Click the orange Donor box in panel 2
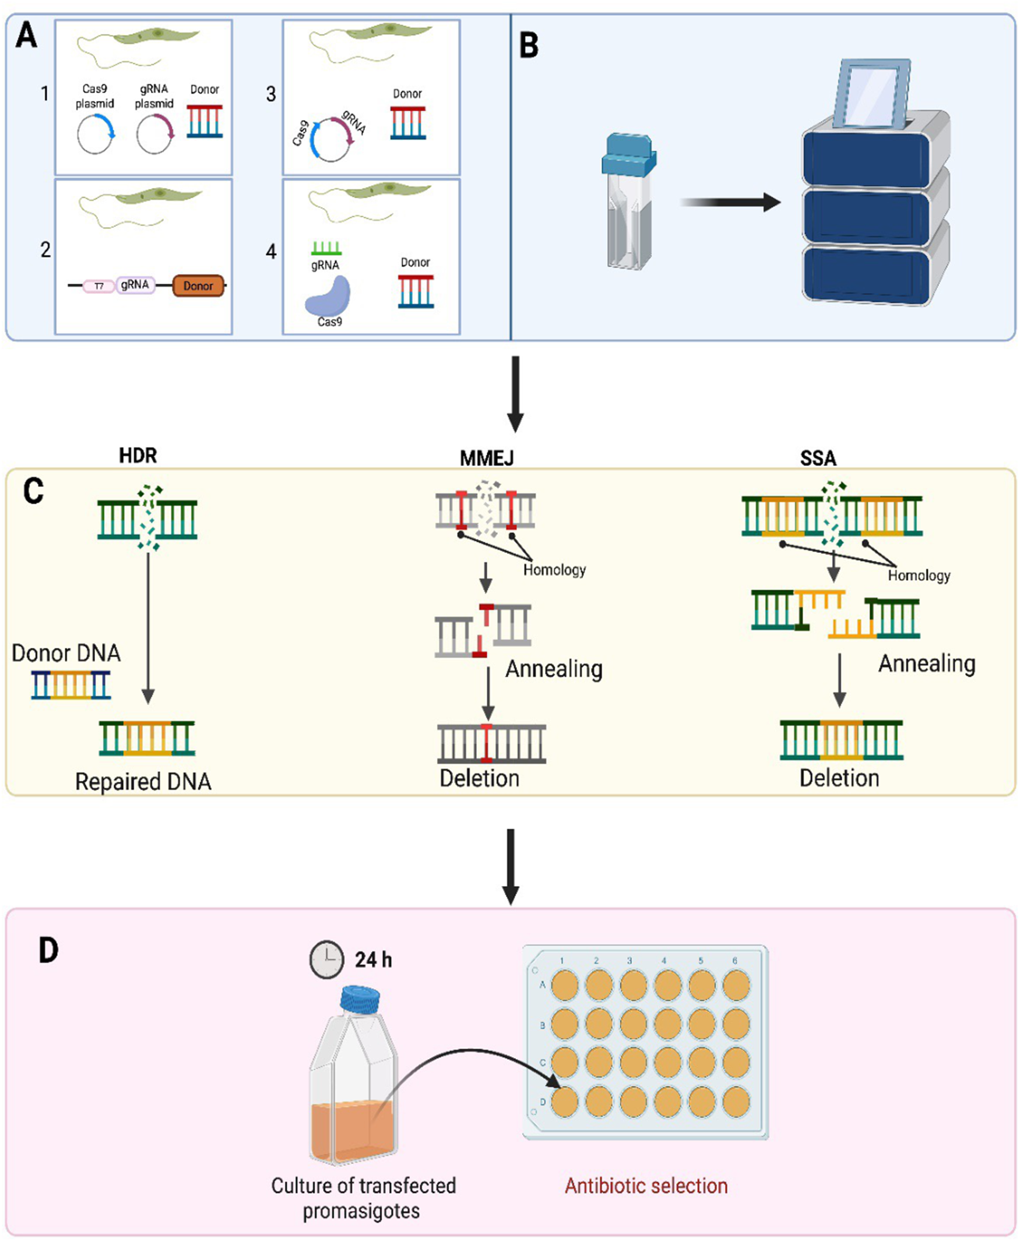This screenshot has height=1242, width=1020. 198,286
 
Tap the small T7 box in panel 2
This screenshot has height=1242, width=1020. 99,287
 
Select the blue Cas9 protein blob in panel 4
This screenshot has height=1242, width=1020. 328,297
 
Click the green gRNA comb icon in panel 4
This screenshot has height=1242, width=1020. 326,248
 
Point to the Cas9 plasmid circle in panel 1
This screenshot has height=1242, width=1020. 95,135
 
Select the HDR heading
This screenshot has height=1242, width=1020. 138,456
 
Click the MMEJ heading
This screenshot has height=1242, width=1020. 487,458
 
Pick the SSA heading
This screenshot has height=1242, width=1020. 818,458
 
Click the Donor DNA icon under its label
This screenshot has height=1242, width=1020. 71,684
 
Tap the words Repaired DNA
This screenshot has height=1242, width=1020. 143,782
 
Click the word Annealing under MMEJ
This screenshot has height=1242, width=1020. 554,669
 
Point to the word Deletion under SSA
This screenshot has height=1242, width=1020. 839,778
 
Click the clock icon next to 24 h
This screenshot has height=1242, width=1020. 326,959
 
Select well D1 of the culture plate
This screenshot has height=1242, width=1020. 565,1102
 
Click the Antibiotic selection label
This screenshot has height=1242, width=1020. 646,1185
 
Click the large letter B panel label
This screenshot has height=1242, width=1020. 529,45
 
